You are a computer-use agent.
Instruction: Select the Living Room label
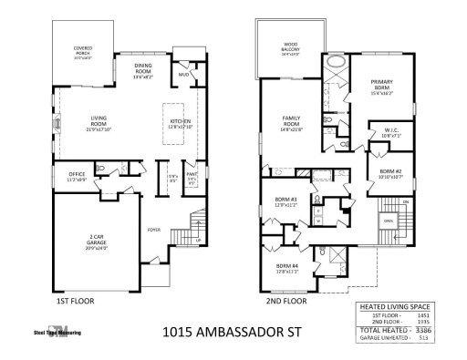[x=99, y=122]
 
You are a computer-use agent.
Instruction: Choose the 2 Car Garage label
[x=95, y=240]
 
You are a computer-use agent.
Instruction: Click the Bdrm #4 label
[x=286, y=268]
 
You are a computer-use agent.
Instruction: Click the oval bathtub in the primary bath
[x=335, y=63]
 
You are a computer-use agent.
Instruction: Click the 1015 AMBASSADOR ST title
[x=233, y=334]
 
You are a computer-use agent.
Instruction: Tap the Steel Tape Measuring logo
[x=57, y=332]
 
